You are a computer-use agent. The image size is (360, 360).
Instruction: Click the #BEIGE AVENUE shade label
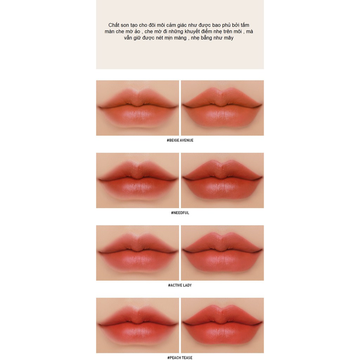(180, 140)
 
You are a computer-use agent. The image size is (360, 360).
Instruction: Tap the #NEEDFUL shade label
(180, 213)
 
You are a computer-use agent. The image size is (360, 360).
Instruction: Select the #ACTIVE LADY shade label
(180, 285)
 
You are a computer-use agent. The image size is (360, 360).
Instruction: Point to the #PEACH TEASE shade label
(180, 358)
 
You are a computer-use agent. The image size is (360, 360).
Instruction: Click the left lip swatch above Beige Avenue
(137, 108)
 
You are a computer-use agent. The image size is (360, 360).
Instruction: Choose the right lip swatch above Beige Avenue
(222, 108)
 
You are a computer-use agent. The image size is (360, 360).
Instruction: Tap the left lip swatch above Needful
(137, 180)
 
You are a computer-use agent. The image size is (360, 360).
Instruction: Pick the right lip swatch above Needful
(222, 180)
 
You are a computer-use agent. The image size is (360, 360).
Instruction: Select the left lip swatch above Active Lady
(137, 253)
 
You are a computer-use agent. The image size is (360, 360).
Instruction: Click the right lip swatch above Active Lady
(222, 253)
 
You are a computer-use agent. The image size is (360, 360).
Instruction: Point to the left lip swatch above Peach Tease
(137, 325)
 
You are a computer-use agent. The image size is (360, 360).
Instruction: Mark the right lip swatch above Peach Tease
(222, 325)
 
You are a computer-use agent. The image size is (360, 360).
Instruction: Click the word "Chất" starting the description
(114, 25)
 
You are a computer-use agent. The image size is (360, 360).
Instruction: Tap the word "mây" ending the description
(228, 38)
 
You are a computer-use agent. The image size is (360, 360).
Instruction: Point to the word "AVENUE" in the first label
(186, 140)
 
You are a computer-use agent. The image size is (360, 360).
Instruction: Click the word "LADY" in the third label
(187, 285)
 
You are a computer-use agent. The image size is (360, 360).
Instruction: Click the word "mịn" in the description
(164, 38)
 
